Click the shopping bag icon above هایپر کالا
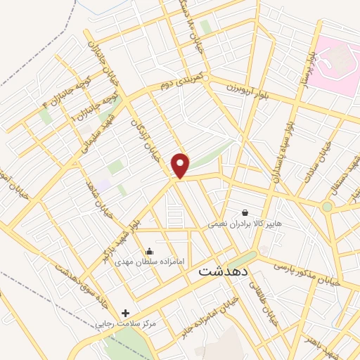pyautogui.click(x=244, y=212)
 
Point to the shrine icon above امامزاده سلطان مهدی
pyautogui.click(x=149, y=251)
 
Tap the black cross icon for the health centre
pyautogui.click(x=125, y=313)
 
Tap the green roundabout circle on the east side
pyautogui.click(x=327, y=207)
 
